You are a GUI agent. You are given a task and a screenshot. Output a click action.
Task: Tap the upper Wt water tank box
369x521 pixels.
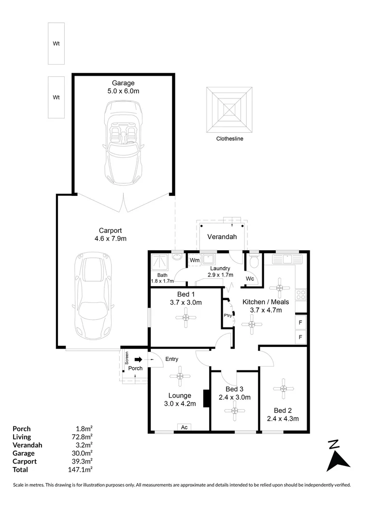[x=56, y=43]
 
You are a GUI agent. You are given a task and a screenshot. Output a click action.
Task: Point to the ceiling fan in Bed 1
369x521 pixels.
[x=186, y=318]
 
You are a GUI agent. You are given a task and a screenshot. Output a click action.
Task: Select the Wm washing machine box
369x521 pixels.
[x=195, y=260]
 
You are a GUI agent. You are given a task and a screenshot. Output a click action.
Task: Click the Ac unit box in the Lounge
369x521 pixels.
[x=184, y=427]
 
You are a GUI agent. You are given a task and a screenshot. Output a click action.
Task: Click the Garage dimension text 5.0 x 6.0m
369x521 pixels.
[x=124, y=91]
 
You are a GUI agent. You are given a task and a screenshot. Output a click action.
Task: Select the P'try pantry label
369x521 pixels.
[x=227, y=316]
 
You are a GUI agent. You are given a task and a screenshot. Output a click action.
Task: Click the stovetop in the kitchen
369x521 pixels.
[x=301, y=294]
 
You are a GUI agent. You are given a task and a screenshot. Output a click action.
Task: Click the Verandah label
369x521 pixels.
[x=222, y=237]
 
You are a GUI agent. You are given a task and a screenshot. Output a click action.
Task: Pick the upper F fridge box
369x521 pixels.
[x=300, y=322]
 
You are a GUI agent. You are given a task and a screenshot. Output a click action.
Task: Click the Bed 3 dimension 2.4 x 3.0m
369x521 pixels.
[x=234, y=398]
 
